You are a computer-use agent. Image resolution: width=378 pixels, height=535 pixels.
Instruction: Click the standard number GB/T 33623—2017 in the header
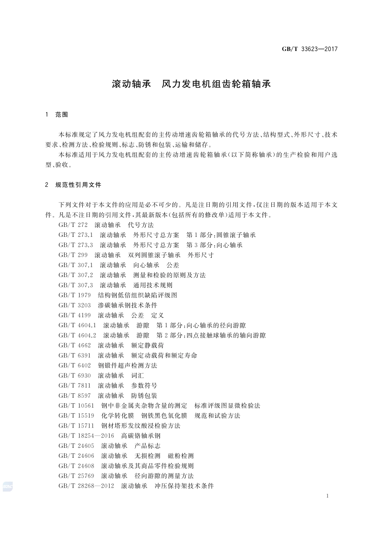click(310, 49)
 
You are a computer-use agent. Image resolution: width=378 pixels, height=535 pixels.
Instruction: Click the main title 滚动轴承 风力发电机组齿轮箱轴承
click(191, 84)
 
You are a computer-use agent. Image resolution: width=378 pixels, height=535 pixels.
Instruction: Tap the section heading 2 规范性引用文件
click(74, 185)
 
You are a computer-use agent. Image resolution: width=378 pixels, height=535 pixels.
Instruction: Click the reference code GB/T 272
click(73, 225)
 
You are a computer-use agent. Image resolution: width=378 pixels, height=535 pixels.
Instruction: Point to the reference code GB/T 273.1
click(76, 235)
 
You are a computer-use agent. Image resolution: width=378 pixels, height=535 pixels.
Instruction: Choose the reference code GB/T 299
click(73, 255)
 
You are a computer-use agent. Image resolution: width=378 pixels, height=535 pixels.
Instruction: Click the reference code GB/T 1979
click(74, 295)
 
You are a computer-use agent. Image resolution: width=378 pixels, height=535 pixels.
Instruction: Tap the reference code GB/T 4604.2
click(77, 336)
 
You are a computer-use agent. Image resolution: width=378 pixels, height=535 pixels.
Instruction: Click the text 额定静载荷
click(147, 346)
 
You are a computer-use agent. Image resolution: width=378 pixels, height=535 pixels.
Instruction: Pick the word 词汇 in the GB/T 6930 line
click(137, 375)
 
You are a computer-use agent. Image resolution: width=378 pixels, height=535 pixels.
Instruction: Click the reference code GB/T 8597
click(74, 396)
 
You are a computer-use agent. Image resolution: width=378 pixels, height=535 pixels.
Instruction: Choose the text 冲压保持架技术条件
click(184, 486)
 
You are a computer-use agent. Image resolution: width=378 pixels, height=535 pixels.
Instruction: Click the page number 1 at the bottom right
click(327, 496)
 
